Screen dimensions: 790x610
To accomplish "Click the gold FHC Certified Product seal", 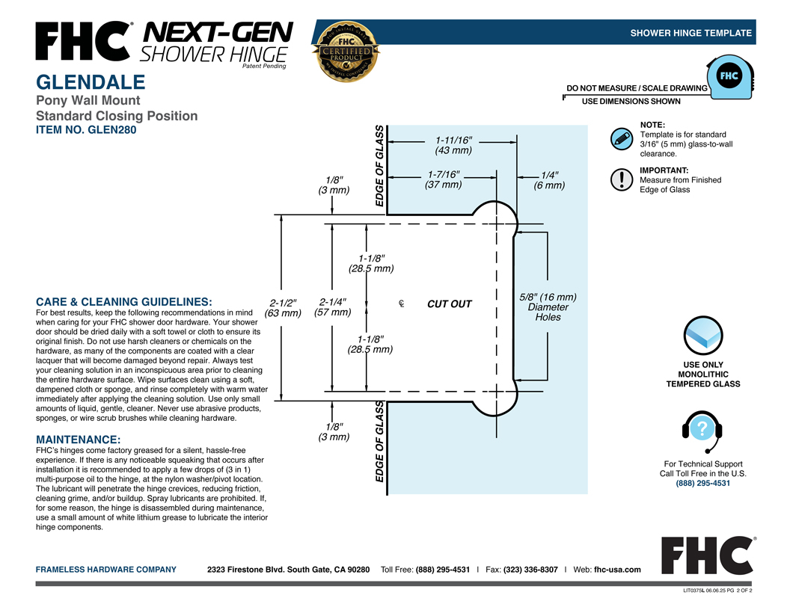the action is [x=346, y=52].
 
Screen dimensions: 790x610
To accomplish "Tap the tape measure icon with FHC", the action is [x=730, y=77].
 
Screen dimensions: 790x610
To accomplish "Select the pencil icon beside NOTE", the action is [x=621, y=138].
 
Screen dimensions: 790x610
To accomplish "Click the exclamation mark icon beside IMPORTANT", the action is [x=621, y=179].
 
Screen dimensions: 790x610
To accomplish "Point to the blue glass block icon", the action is [x=702, y=336].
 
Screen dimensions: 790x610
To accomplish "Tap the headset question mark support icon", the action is [x=702, y=431].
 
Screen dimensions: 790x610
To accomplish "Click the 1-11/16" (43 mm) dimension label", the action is [x=453, y=145].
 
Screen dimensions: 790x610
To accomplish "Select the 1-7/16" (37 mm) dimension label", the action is [x=444, y=179].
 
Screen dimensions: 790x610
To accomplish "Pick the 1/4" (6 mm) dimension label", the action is [x=549, y=180].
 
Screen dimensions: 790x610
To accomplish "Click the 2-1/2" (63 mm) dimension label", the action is [x=283, y=308].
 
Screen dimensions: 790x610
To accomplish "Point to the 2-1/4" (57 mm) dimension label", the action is [x=332, y=307].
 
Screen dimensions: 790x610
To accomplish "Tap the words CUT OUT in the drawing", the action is [x=450, y=304].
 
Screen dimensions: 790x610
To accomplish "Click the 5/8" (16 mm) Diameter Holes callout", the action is [x=548, y=307].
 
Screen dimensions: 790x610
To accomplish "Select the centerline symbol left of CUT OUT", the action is [x=401, y=304].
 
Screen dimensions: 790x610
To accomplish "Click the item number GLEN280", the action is [x=86, y=130].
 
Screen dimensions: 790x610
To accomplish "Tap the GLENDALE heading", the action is [x=91, y=82].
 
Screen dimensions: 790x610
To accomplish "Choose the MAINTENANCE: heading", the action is [x=78, y=440].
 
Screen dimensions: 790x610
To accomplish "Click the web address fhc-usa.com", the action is [x=617, y=570].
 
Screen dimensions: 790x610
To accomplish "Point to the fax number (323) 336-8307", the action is [x=530, y=570].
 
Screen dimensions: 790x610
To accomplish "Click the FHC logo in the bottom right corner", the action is [x=708, y=555].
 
